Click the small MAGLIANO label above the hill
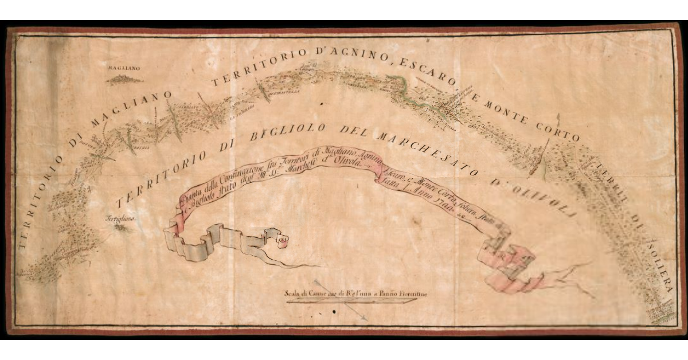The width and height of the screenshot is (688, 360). (x=123, y=68)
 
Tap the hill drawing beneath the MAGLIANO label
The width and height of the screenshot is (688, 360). (x=124, y=79)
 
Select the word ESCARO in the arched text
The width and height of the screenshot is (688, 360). (x=421, y=70)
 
